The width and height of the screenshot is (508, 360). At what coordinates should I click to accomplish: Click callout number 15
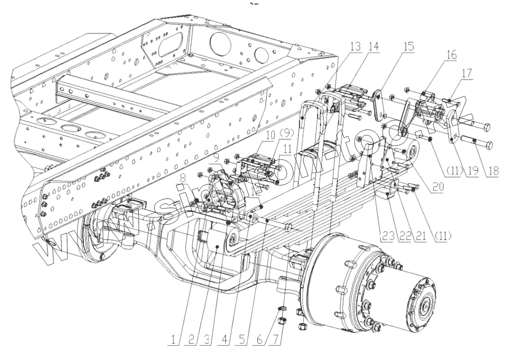[408, 46]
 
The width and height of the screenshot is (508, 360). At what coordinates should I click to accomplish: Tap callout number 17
[467, 74]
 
